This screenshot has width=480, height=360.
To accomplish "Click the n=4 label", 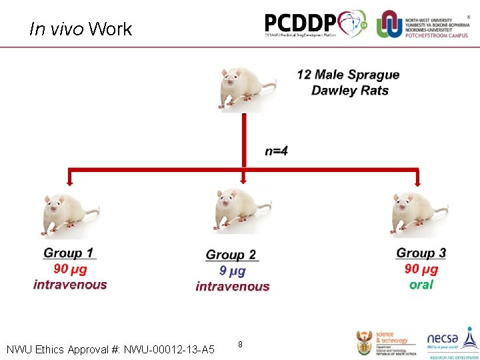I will click(x=277, y=151).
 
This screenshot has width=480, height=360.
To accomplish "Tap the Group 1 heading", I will click(x=69, y=253).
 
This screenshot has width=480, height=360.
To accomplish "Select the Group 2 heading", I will click(x=231, y=255).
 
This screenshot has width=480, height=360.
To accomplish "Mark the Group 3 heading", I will click(x=421, y=253).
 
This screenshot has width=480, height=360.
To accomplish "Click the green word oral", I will click(x=421, y=285).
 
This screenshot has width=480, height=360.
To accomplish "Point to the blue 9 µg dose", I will click(x=232, y=271).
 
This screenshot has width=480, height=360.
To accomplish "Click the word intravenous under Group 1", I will click(x=70, y=285).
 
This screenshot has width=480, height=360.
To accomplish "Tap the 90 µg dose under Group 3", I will click(x=421, y=269).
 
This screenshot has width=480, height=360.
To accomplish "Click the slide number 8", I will click(x=240, y=345).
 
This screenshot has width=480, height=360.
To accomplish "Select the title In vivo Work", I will click(x=81, y=29).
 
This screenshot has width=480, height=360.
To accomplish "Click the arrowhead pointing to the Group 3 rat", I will click(x=418, y=180).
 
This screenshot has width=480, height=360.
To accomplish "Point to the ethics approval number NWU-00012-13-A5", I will click(x=169, y=349).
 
